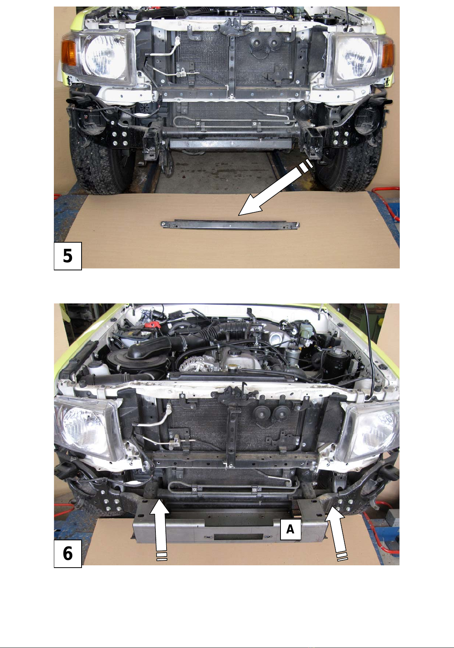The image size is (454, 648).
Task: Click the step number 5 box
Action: pos(68,256)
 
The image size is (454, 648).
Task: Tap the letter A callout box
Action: pos(290,530)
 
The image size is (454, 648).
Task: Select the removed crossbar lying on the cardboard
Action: pos(230,225)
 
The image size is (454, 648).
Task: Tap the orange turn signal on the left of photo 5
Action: pos(68,53)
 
